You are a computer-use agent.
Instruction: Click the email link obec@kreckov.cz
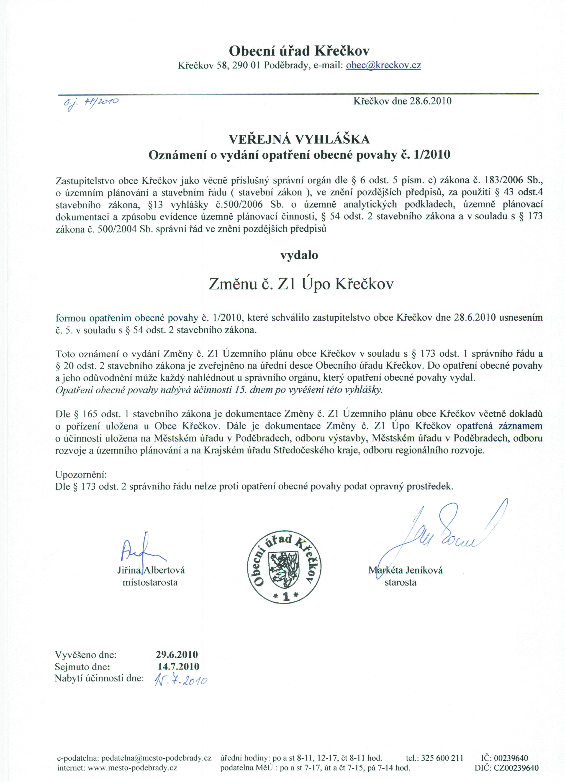[383, 65]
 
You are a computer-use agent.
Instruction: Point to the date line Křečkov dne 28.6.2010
[402, 101]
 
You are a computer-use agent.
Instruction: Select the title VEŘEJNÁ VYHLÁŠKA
[299, 139]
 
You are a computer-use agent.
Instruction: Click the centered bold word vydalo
[299, 255]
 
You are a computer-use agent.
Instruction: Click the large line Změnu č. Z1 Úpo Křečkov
[301, 284]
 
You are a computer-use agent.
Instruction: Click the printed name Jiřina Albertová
[151, 570]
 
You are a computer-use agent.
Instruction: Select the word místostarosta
[150, 583]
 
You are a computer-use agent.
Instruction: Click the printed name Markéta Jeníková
[406, 570]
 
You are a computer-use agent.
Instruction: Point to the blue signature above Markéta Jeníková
[446, 532]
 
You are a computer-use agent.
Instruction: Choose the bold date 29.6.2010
[177, 654]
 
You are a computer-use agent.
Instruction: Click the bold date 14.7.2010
[178, 666]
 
